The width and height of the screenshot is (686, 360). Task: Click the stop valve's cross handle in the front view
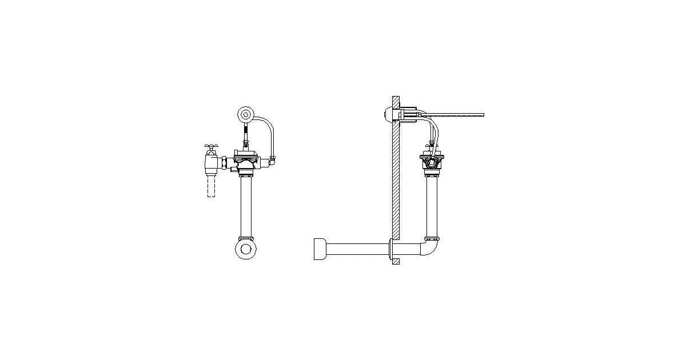point(212,147)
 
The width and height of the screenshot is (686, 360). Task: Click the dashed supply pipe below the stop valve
point(211,186)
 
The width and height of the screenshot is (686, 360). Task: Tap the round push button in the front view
point(246,114)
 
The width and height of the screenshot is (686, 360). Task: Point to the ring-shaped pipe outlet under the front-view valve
point(246,249)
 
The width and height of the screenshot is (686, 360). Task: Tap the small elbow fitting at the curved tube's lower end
point(273,161)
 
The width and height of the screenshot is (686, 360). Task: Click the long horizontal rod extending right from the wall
point(457,115)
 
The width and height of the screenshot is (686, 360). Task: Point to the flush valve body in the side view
point(432,162)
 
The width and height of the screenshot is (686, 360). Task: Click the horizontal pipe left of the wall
point(357,249)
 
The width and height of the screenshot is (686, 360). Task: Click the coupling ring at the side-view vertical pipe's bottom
point(432,238)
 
